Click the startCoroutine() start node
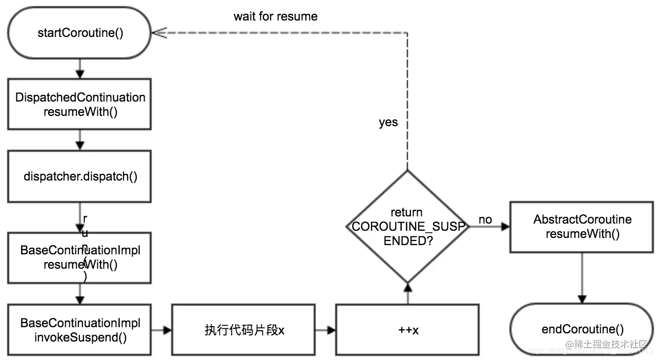(x=79, y=33)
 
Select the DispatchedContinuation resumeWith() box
(x=79, y=104)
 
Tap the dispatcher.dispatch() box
(x=79, y=176)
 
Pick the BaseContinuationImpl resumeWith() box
(x=79, y=257)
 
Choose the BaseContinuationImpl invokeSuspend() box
(x=79, y=330)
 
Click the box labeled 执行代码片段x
(x=243, y=330)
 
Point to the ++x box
(x=407, y=330)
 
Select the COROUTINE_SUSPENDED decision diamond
(x=407, y=226)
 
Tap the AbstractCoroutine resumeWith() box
(x=582, y=226)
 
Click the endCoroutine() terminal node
(x=582, y=329)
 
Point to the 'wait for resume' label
(x=275, y=16)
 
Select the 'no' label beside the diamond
(x=485, y=219)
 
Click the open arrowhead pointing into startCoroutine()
(x=160, y=33)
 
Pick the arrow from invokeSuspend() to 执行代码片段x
(x=161, y=330)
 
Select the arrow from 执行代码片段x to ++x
(x=325, y=330)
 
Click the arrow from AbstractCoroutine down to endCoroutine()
(x=582, y=277)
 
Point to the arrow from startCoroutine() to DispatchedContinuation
(x=79, y=68)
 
